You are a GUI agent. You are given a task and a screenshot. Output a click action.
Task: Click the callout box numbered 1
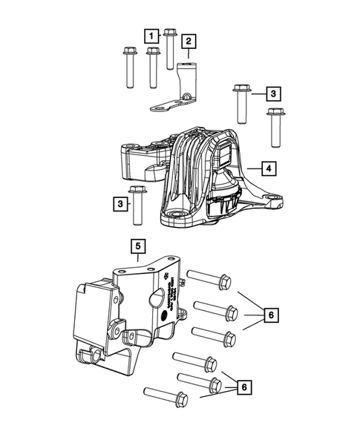[x=152, y=35]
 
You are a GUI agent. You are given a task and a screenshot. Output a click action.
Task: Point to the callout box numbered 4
[x=271, y=169]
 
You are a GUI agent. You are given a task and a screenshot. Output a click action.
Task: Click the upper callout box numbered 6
[x=271, y=316]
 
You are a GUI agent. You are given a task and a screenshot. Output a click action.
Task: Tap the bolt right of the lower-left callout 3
[x=137, y=208]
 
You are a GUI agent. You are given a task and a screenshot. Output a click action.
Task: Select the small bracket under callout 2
[x=174, y=96]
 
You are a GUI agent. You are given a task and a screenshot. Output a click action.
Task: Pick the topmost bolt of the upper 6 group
[x=209, y=279]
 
